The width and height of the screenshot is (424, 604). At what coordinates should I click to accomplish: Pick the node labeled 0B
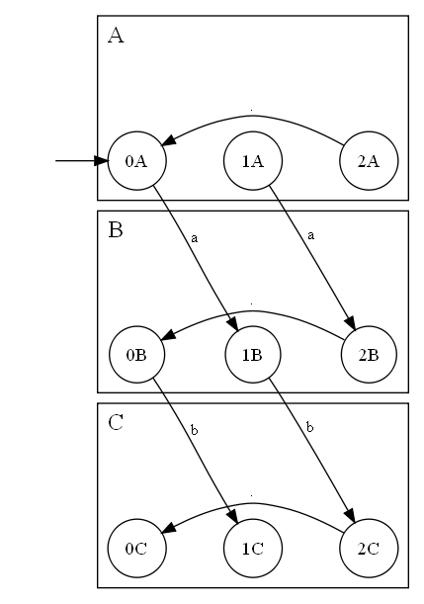(x=136, y=354)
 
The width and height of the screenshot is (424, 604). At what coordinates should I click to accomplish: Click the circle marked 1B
(x=252, y=354)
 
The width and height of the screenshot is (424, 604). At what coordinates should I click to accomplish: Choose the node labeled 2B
(x=369, y=354)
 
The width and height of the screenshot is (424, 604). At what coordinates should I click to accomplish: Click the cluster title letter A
(x=116, y=37)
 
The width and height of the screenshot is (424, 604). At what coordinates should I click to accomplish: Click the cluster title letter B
(x=116, y=230)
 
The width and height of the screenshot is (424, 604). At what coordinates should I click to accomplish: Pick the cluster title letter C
(x=116, y=423)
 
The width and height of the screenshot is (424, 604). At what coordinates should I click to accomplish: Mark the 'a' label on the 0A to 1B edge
(x=194, y=237)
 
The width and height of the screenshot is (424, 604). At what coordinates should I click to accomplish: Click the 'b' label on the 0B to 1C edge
(x=194, y=431)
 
